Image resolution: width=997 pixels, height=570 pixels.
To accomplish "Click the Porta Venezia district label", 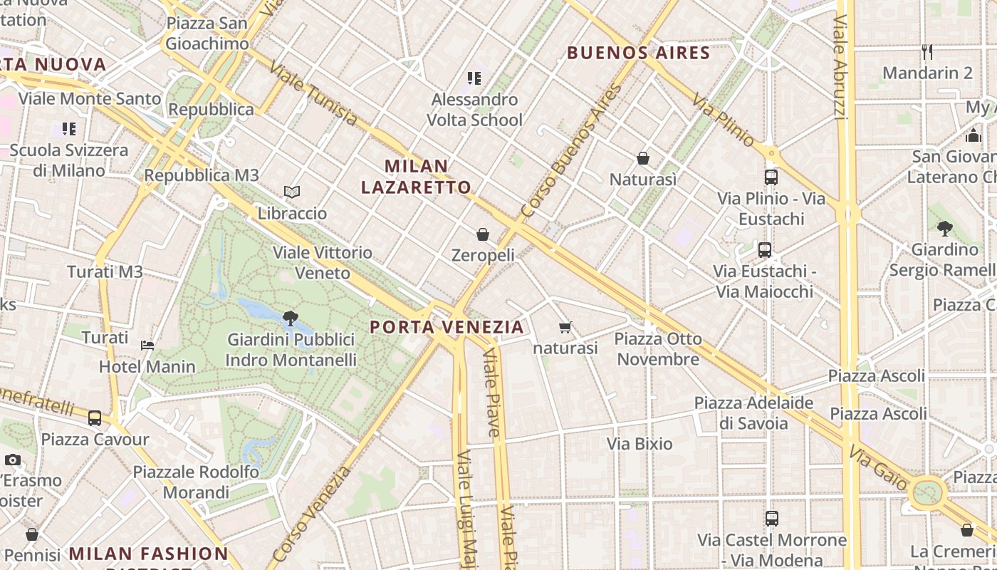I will (x=447, y=327).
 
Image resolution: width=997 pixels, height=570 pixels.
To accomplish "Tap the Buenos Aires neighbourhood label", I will (x=639, y=53).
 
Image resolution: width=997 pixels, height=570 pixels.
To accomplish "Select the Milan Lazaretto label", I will (x=416, y=177).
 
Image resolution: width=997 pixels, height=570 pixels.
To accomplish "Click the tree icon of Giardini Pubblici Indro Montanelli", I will (x=290, y=318).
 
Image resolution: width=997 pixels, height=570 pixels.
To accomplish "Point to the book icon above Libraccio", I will (x=292, y=192).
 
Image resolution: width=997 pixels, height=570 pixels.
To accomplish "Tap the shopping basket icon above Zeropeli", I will (x=483, y=234).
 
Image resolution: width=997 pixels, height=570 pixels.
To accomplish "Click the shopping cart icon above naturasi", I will (x=565, y=328).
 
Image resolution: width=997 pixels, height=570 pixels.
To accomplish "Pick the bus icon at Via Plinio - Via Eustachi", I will (x=771, y=177).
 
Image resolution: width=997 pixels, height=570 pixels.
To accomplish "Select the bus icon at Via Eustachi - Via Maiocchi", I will (x=765, y=250).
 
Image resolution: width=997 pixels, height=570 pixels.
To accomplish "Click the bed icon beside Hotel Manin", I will (x=147, y=346).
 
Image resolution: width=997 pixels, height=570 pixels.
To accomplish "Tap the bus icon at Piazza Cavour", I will (x=95, y=418).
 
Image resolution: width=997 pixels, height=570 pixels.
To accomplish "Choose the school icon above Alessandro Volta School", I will (x=474, y=78).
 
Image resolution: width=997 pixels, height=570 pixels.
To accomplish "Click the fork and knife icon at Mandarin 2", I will (x=926, y=51).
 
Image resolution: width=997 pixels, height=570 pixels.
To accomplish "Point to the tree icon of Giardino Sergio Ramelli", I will (x=945, y=229).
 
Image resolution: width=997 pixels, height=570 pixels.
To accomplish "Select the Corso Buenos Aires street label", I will (x=571, y=152).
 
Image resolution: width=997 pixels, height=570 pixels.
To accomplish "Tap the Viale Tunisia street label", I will (x=313, y=93).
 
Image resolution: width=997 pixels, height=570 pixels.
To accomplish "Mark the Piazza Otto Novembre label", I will (x=658, y=348).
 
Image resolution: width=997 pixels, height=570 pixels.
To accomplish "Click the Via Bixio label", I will (x=640, y=444).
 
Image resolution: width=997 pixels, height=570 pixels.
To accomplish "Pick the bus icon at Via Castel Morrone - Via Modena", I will (x=772, y=519).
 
